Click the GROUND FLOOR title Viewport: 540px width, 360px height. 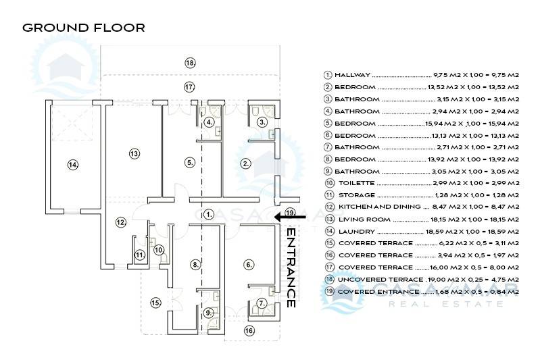click(83, 28)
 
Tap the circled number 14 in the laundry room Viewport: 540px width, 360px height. click(72, 164)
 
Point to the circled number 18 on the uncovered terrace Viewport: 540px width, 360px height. click(190, 63)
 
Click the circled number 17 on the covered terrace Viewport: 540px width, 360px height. click(189, 87)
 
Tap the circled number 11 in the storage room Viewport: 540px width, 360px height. click(139, 255)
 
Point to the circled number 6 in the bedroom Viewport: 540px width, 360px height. click(249, 264)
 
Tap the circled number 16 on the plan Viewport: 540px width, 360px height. click(249, 331)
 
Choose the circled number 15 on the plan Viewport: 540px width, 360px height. click(156, 303)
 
